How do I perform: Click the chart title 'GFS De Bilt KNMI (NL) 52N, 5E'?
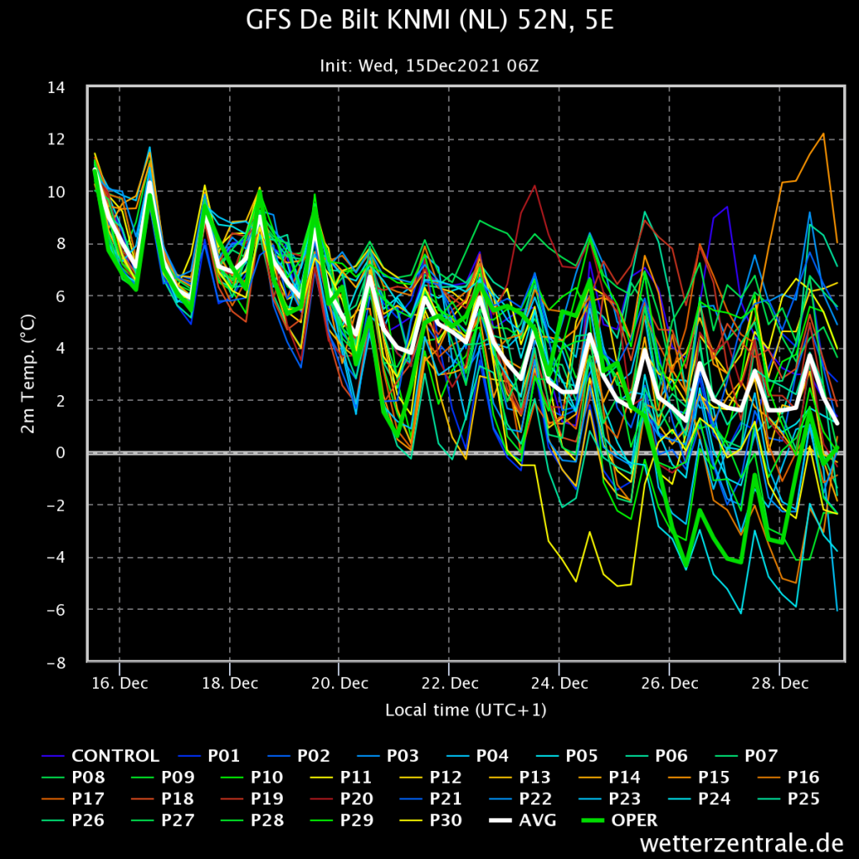429,21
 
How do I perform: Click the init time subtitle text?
429,66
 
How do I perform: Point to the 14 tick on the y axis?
56,87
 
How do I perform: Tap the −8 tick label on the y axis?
56,663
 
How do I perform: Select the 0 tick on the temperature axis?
60,453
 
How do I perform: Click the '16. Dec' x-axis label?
119,683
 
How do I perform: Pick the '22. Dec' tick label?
450,683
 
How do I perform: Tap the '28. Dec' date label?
779,683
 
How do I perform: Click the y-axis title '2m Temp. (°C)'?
28,373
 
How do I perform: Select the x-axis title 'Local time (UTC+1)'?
466,710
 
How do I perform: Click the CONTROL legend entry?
101,756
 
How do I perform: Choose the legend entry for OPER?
620,820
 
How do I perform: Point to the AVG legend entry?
523,820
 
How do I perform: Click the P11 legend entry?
341,778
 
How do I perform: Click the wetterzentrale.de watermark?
742,842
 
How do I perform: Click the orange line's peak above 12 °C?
823,133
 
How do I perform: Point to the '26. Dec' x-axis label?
669,683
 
